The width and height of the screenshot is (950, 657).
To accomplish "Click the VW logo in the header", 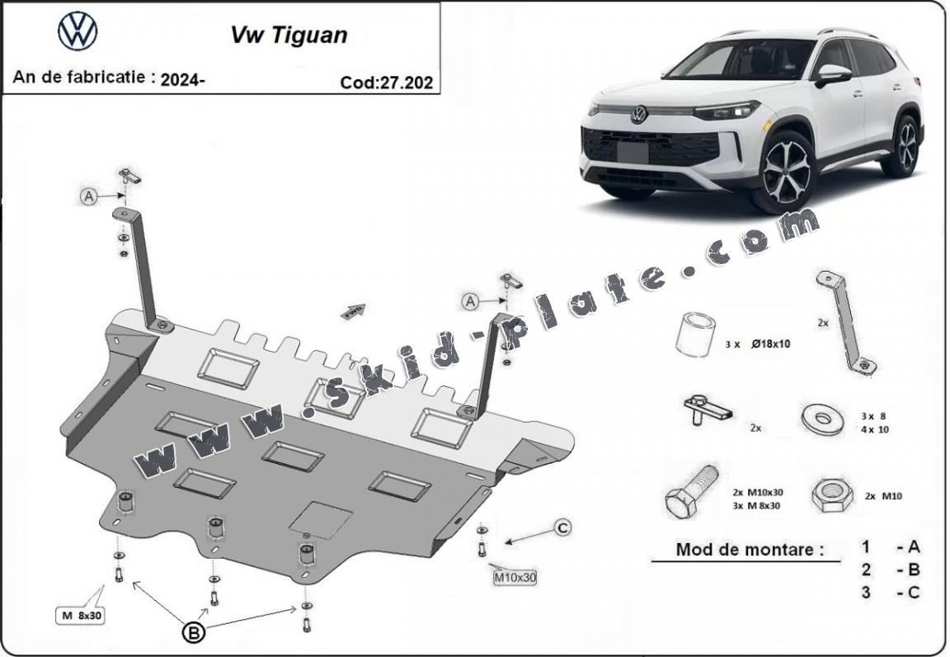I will click(x=78, y=31).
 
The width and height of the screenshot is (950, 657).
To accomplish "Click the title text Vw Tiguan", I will click(x=288, y=35).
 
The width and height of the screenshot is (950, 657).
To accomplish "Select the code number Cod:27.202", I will click(x=386, y=82).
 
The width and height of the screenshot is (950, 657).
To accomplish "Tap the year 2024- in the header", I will click(x=183, y=79).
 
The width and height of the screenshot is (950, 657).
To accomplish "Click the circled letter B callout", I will click(x=193, y=633).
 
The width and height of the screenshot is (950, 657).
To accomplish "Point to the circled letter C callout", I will click(x=562, y=527).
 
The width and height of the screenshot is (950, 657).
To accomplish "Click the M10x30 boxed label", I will click(x=515, y=578).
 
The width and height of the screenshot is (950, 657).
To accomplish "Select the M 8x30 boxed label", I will click(x=81, y=615).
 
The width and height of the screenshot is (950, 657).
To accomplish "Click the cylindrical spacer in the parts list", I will click(x=694, y=335).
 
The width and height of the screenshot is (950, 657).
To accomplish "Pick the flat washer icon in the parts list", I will click(x=821, y=418).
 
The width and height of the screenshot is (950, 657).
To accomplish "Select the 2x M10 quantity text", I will click(x=882, y=495).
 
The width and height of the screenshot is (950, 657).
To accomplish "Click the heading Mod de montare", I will click(x=750, y=550).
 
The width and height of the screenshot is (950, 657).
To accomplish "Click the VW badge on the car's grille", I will click(x=638, y=115).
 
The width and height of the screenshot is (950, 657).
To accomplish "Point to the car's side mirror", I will click(x=832, y=74).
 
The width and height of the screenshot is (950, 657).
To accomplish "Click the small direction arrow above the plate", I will click(x=352, y=310).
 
